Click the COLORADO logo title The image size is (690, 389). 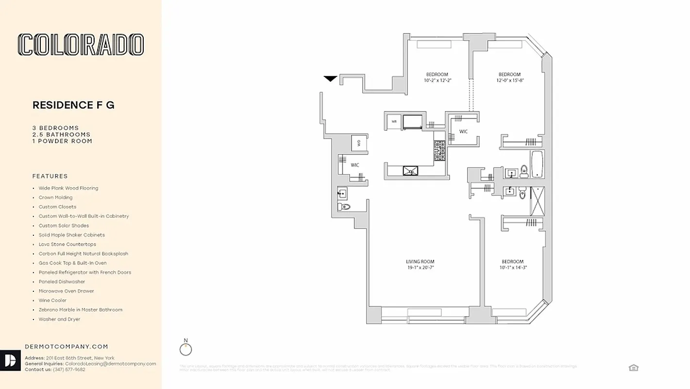coord(81,45)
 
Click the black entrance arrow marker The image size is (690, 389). coord(331,79)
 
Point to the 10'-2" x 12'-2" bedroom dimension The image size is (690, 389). coord(438,80)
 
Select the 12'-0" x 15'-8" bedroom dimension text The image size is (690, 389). coord(509,80)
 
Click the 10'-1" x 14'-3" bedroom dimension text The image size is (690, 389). coord(513,267)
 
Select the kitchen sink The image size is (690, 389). coord(411,170)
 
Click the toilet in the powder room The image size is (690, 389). coord(344,207)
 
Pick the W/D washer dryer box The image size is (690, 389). coord(359,143)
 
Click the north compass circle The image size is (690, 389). coord(185,349)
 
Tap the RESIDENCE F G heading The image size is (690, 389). coord(73,105)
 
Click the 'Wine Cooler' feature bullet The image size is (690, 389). coord(53,301)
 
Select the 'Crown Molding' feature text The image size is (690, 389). coord(56,197)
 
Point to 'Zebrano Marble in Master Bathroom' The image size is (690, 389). coord(81,310)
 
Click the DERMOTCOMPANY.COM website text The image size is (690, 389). coord(67,347)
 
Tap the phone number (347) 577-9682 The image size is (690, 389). coord(68,370)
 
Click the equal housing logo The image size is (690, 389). coord(633,368)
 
